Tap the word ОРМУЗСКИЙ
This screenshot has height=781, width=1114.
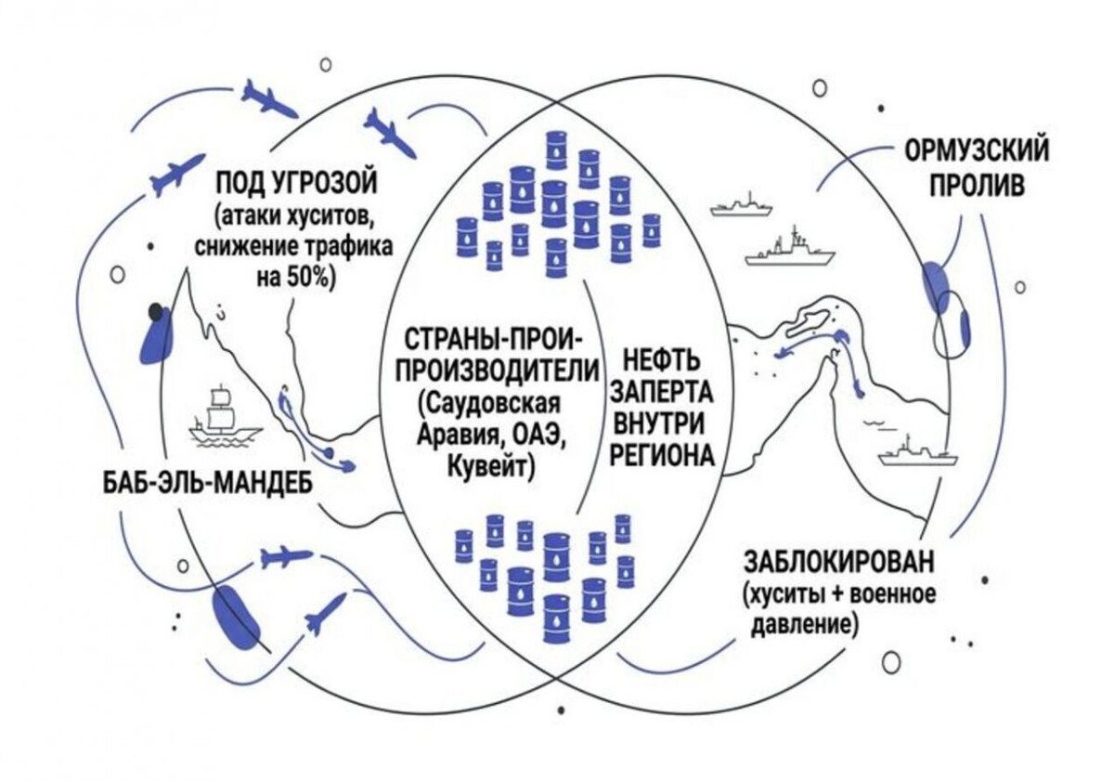[x=977, y=150]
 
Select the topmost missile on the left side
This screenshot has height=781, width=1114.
[x=268, y=98]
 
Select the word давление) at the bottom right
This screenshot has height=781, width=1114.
[x=801, y=625]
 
